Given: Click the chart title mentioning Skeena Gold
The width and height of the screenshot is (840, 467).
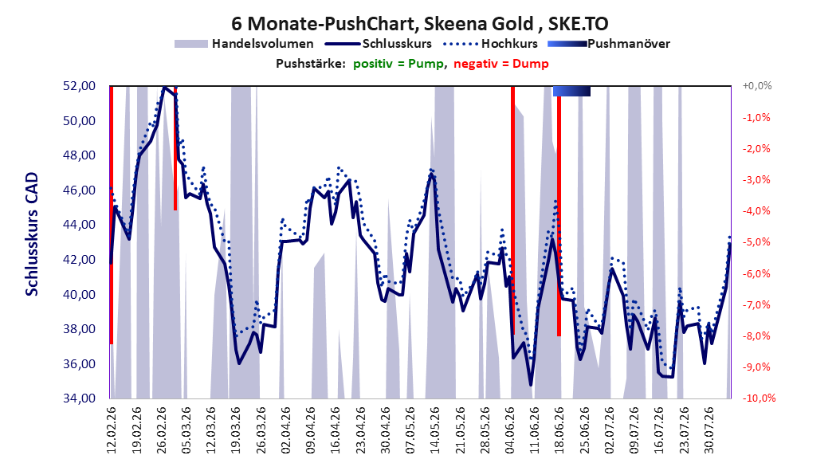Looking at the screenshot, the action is (x=419, y=24).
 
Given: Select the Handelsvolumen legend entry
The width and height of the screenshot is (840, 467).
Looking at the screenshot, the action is (x=244, y=44).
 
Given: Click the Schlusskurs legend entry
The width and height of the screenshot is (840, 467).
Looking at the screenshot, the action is (x=379, y=44).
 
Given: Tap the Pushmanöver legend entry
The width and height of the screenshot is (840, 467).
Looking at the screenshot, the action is (x=609, y=44).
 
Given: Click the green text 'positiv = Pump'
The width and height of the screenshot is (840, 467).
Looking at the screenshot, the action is (x=398, y=64).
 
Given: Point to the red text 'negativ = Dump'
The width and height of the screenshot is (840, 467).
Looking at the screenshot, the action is (x=501, y=64).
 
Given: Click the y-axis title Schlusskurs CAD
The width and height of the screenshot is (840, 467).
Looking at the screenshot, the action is (x=32, y=234).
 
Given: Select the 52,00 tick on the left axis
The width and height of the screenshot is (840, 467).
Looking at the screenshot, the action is (x=79, y=86).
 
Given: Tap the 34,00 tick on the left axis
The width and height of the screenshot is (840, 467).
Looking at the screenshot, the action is (x=79, y=398).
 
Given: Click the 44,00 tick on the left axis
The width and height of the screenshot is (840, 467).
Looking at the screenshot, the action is (x=79, y=225).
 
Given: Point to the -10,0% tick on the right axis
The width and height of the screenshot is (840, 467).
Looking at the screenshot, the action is (x=759, y=398).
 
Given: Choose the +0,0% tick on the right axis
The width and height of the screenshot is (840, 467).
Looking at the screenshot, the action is (x=757, y=86).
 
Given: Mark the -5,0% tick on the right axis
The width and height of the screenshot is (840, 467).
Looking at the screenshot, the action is (x=756, y=242).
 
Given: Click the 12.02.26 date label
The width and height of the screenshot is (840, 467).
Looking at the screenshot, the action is (x=112, y=430).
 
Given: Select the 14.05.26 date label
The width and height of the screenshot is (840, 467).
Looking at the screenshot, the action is (x=435, y=430).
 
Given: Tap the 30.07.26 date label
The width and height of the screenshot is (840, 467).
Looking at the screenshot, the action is (x=709, y=430).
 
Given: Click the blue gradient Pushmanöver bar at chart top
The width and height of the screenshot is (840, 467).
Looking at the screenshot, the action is (x=571, y=91).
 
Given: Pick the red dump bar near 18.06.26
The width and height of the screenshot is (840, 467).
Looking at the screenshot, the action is (x=559, y=216).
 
